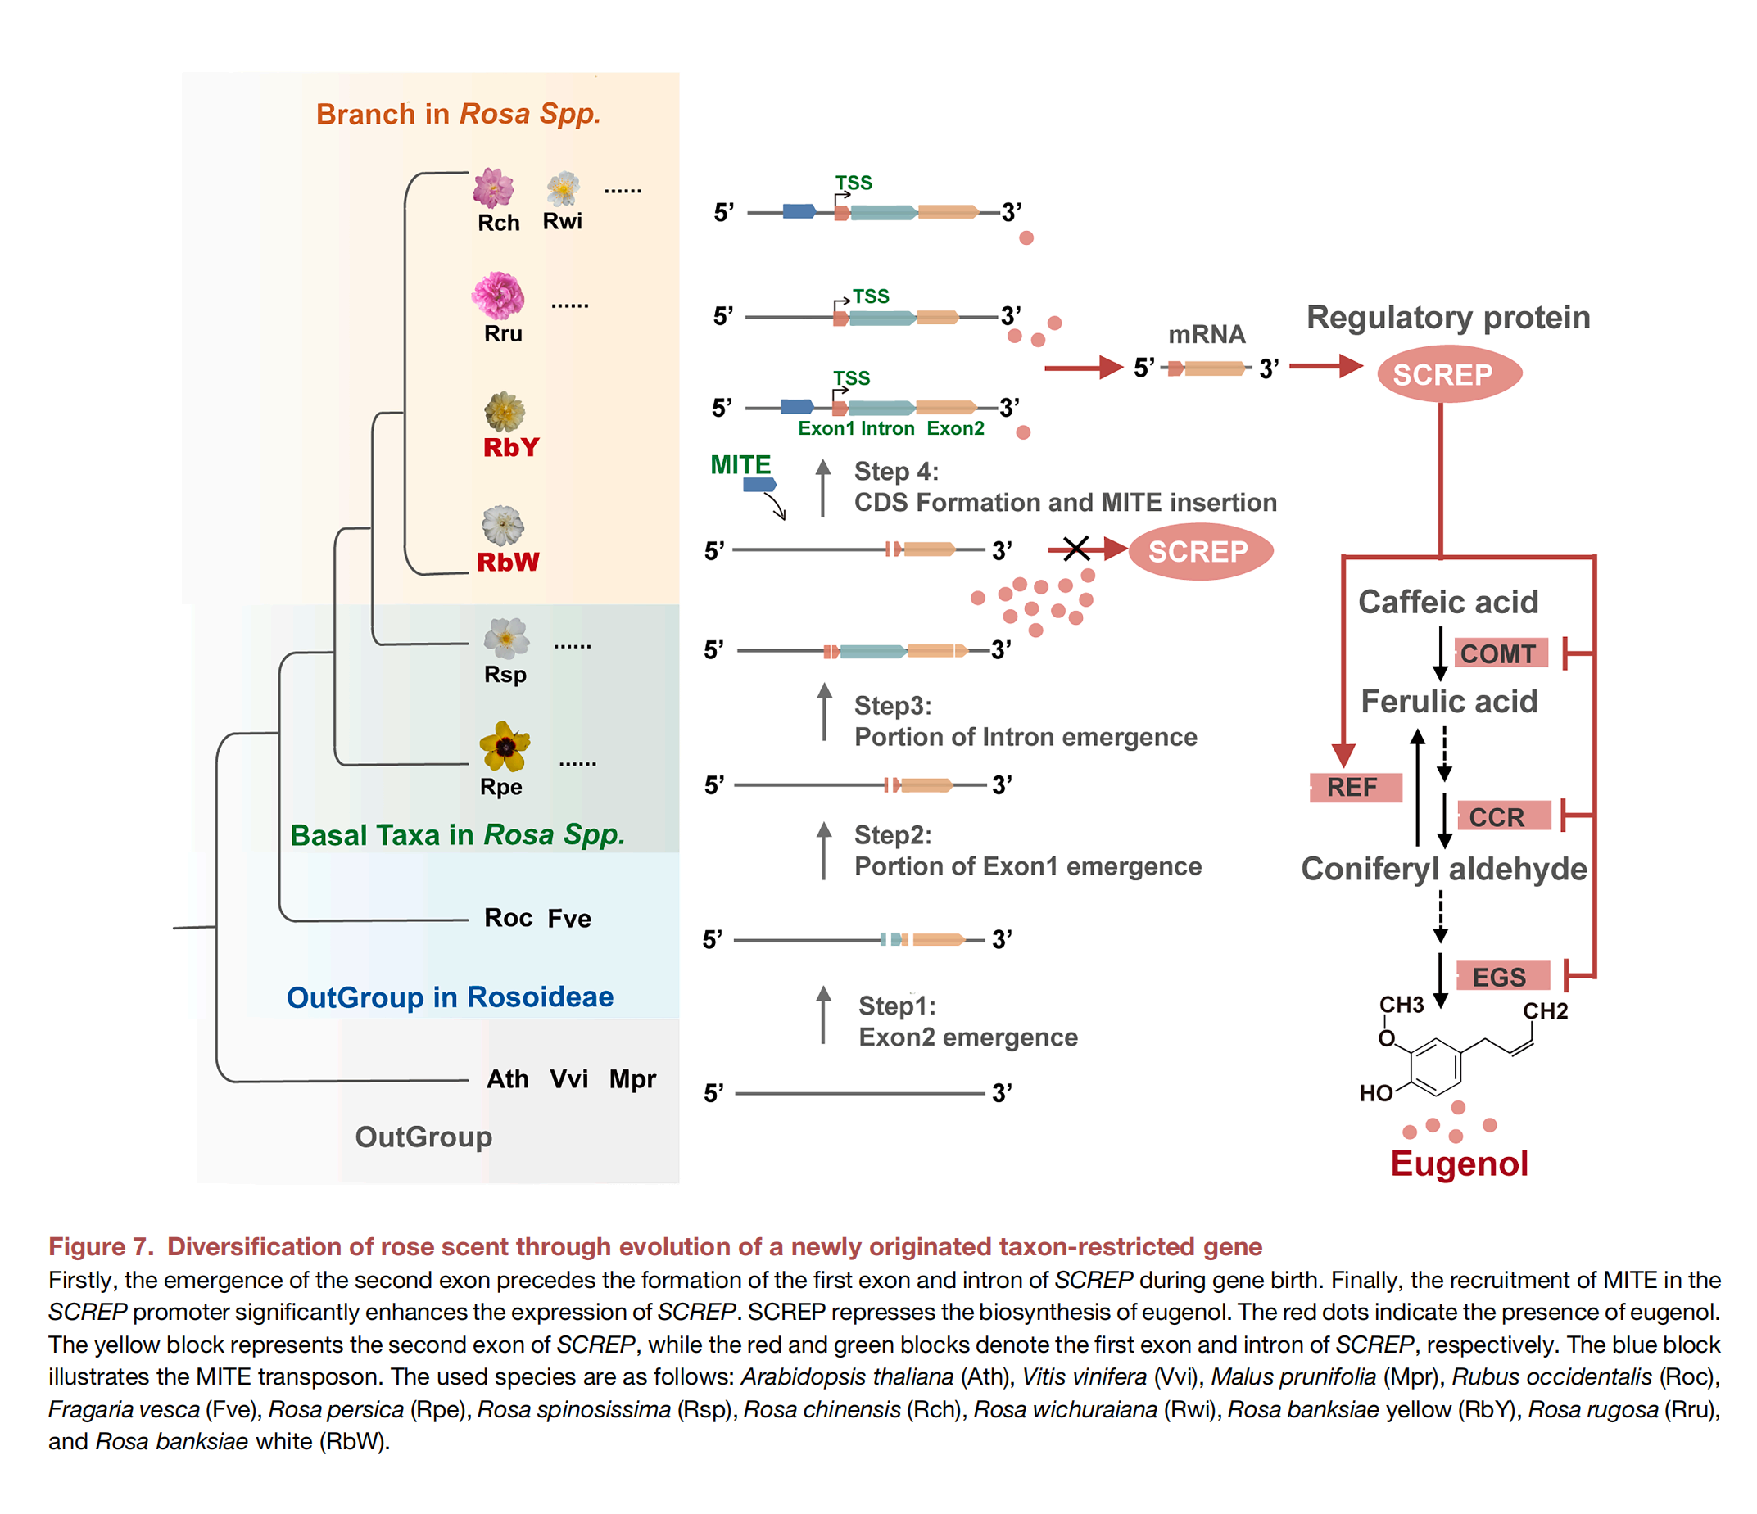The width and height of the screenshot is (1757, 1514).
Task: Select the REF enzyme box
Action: (1354, 787)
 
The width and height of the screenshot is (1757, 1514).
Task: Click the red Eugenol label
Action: (1459, 1163)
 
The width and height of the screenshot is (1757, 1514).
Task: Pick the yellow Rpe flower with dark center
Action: (505, 746)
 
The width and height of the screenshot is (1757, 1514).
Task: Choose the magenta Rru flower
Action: (499, 296)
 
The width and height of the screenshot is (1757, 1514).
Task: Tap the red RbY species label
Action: (511, 448)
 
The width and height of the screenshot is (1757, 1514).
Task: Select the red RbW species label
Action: (508, 562)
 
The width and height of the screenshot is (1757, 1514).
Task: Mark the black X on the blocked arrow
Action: (1076, 549)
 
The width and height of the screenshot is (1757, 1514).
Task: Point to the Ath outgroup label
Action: (507, 1079)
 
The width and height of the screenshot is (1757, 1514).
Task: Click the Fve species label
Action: (569, 918)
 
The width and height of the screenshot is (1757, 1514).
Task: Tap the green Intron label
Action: (887, 429)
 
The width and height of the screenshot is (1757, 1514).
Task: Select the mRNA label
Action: (1206, 335)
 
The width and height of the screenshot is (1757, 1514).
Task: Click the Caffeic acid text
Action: (1447, 602)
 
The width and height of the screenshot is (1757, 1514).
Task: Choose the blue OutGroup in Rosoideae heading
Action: (450, 997)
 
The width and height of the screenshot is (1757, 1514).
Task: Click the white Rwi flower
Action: (563, 188)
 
